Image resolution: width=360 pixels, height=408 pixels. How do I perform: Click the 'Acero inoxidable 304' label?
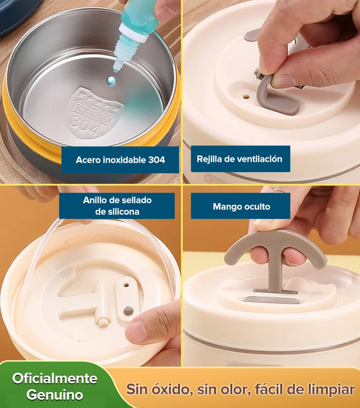(120, 159)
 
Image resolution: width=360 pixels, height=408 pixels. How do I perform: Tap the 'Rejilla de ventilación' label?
(240, 159)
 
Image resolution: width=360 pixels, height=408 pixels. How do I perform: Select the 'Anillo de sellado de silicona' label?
(117, 206)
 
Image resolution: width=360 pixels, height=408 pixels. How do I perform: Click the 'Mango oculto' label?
(241, 206)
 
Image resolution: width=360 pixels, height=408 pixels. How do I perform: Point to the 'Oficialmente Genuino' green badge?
(54, 386)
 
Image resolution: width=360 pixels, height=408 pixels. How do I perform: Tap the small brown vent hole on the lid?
(246, 96)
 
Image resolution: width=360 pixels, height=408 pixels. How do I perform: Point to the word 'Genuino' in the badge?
(54, 395)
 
